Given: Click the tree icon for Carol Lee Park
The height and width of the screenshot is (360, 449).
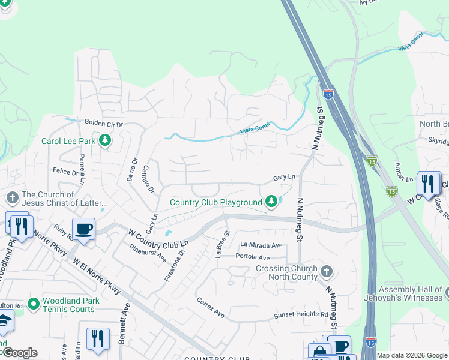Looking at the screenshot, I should point(106,141).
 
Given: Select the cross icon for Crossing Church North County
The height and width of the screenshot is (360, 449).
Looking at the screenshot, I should point(326,272).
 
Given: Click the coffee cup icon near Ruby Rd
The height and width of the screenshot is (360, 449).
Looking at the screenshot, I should point(83,228).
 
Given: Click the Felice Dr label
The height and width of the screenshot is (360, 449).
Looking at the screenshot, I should point(66,172).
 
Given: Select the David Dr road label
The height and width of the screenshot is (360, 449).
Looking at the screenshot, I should point(133,170).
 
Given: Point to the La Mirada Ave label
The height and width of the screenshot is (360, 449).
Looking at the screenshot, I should point(261,245).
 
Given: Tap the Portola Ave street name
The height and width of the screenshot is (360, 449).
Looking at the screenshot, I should point(255,257).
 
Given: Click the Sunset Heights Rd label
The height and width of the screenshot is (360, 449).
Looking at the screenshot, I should point(301,314).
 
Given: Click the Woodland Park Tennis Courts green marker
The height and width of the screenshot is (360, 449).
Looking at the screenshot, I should point(33,304).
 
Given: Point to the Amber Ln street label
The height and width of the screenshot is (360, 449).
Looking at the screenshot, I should point(405,172).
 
